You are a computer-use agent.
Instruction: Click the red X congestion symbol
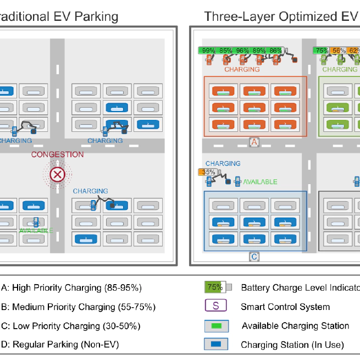[x=57, y=175]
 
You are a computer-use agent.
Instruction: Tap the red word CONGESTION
[x=57, y=154]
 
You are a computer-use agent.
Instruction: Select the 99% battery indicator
[x=208, y=51]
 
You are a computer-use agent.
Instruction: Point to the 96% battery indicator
[x=242, y=51]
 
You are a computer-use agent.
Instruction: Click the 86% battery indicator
[x=275, y=51]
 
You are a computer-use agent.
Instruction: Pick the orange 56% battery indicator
[x=339, y=51]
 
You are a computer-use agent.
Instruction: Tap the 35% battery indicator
[x=209, y=172]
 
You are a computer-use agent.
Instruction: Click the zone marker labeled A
[x=254, y=142]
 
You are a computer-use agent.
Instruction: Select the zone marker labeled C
[x=254, y=256]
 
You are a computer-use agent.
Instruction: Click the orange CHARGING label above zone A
[x=242, y=69]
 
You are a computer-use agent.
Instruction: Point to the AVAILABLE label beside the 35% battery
[x=260, y=181]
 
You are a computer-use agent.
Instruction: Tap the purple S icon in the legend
[x=215, y=306]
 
